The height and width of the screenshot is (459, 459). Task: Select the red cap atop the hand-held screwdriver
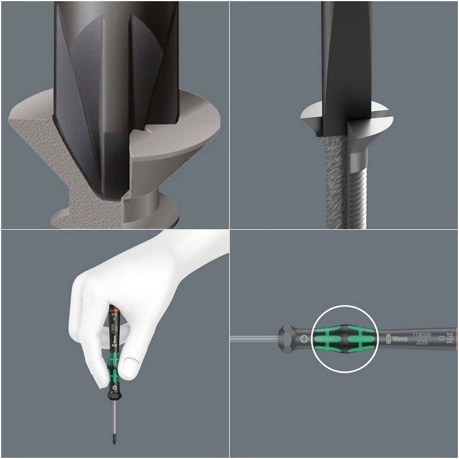coord(116,306)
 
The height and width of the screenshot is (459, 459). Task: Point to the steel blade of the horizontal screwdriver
coord(252,337)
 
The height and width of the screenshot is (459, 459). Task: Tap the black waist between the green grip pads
coord(343,337)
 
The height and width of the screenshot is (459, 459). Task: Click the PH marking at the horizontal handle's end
coord(450,333)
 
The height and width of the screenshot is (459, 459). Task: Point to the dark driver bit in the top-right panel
coord(343,57)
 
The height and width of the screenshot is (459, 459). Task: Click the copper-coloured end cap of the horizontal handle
coord(456,337)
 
